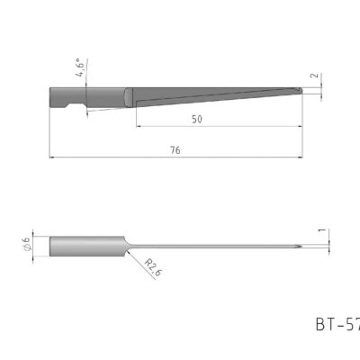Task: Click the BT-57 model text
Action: click(x=337, y=322)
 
